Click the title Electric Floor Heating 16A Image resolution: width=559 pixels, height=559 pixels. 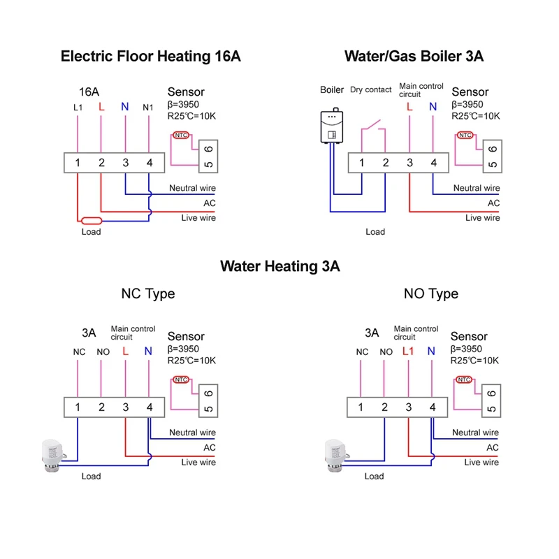coord(151,57)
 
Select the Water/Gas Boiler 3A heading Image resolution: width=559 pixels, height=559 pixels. coord(414,57)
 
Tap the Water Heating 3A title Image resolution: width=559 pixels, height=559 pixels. coord(279,266)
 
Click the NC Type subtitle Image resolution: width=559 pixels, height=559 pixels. coord(148,293)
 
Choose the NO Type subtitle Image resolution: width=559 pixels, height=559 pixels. coord(431,293)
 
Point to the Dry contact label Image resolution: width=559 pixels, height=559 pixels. coord(370,90)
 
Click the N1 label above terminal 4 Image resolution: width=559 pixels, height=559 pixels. coord(148,108)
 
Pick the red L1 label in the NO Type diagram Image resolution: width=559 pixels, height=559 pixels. coord(409,351)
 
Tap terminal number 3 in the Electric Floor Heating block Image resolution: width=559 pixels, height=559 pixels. coord(125,164)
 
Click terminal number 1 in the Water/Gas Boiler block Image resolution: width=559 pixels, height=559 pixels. coord(362,164)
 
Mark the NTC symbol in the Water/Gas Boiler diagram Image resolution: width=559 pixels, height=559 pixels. coord(464,136)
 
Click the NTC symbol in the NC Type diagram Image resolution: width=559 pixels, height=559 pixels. coord(181,380)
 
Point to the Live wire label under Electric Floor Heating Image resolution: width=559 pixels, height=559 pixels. coord(198,218)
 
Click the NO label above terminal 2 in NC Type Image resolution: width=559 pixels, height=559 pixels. coord(103,352)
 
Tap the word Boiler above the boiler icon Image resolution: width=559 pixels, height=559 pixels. coord(332,90)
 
